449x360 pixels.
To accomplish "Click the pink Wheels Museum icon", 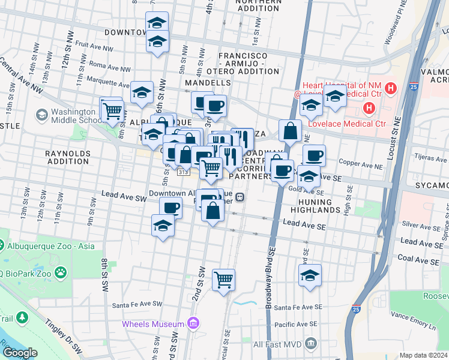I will point(192,324).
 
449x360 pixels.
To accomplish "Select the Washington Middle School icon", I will point(41,114).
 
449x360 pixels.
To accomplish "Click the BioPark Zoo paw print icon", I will point(61,274).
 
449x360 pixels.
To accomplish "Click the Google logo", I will point(20,353).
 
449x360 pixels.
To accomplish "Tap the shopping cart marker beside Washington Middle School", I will point(112,110).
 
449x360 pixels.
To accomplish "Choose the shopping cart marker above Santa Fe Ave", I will point(223,279).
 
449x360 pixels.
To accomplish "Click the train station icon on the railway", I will point(240,197).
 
